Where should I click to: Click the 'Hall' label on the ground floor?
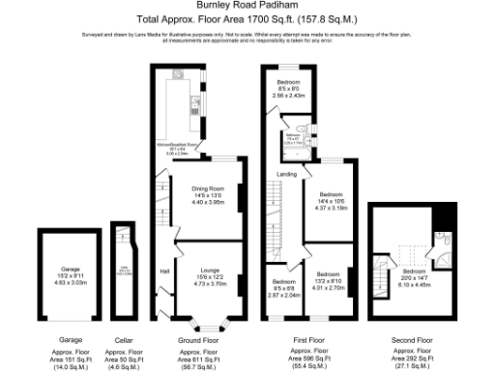click(x=163, y=271)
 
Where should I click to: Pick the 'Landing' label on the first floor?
click(x=287, y=174)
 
